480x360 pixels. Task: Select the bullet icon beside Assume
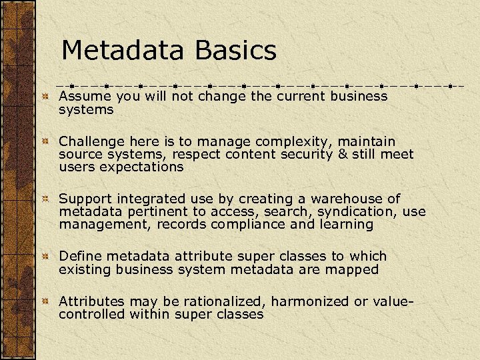45,97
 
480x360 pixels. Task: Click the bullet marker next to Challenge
45,143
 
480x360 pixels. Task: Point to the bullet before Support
45,200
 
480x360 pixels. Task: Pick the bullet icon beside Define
45,257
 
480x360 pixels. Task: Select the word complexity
299,142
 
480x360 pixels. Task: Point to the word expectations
141,167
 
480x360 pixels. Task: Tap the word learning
346,225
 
